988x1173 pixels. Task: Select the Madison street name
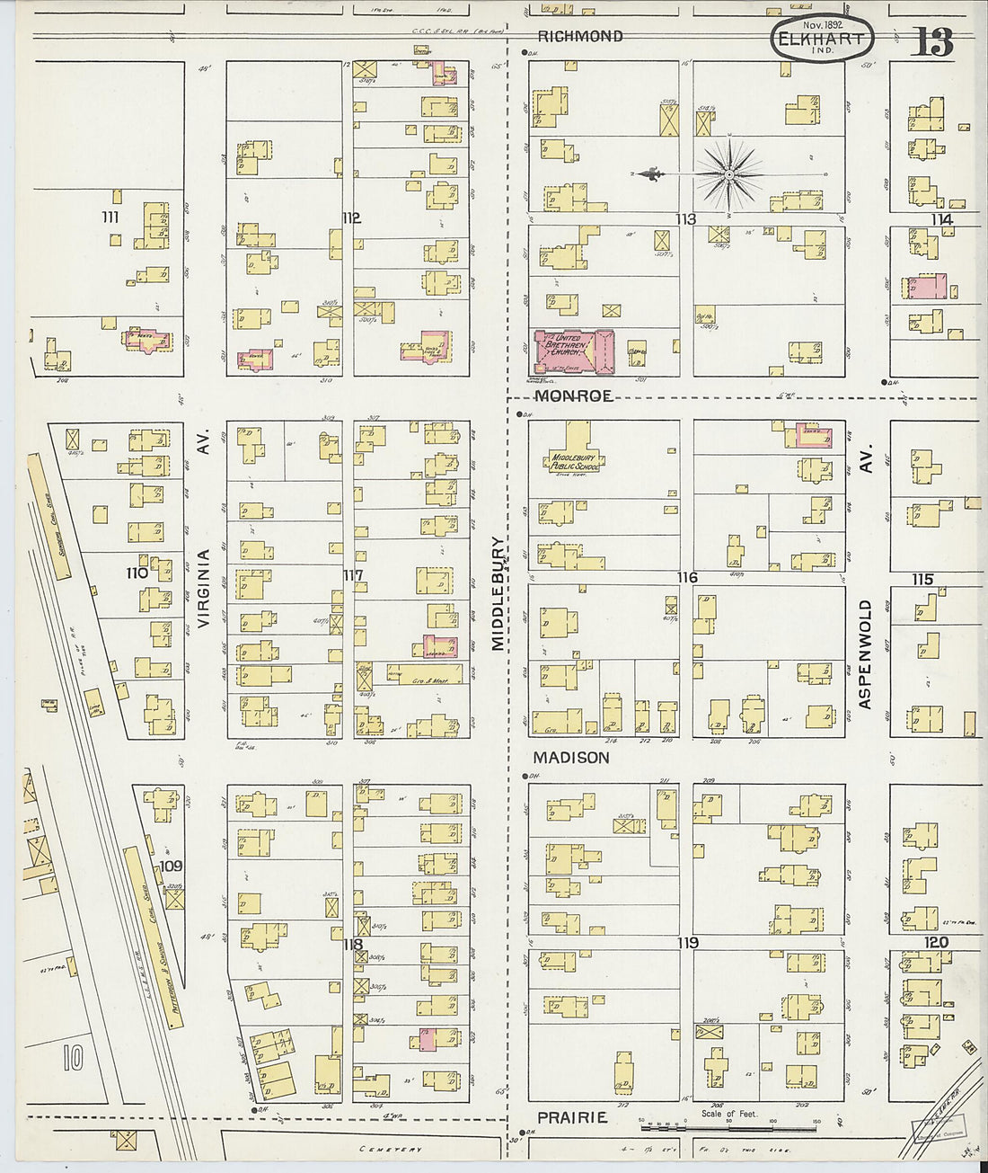tap(571, 758)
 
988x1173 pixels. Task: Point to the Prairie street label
tap(572, 1117)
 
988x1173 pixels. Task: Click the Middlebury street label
tap(498, 594)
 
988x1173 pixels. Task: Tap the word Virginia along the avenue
tap(203, 589)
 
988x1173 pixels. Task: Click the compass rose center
tap(729, 173)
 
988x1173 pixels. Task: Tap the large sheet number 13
tap(931, 41)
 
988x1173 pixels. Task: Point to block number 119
tap(688, 943)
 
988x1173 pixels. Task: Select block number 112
tap(350, 218)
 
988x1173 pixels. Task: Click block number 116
tap(687, 577)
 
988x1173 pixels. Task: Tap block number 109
tap(171, 866)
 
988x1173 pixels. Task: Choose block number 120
tap(936, 943)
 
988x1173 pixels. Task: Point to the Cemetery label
tap(390, 1150)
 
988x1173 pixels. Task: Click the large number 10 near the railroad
tap(74, 1057)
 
